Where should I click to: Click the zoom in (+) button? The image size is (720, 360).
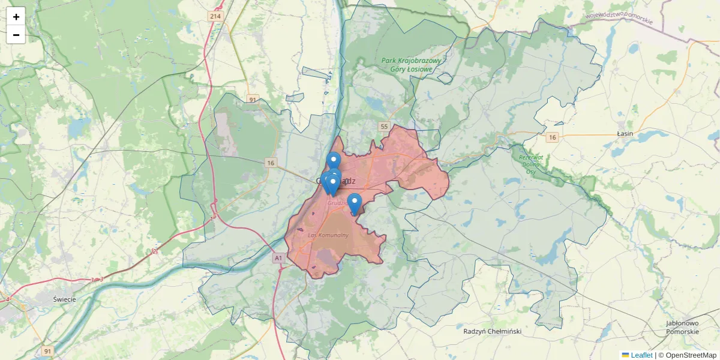[16, 17]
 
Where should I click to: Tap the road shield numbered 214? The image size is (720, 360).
[215, 16]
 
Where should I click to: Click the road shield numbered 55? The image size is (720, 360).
[384, 126]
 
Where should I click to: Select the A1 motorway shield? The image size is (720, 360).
[278, 258]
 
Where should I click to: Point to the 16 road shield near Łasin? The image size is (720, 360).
[552, 137]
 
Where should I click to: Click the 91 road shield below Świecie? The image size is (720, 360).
[48, 350]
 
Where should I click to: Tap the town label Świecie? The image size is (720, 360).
[64, 299]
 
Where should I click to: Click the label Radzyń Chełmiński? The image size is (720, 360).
[493, 331]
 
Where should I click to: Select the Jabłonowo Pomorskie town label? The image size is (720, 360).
[682, 328]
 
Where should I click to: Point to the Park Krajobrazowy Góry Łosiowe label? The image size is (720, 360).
[412, 65]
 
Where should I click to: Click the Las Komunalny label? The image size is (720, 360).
[328, 235]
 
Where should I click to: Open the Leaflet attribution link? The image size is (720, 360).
[641, 355]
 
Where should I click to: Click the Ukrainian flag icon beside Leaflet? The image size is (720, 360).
[625, 355]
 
